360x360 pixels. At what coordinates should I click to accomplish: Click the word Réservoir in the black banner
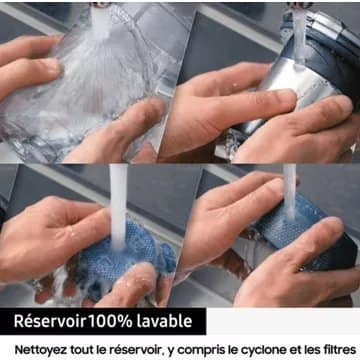pos(50,321)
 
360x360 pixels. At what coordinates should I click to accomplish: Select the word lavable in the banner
pos(164,321)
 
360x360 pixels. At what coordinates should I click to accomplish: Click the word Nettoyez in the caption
pos(41,350)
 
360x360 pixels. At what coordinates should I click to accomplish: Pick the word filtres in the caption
pos(339,350)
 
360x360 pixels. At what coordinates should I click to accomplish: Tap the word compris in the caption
pos(201,351)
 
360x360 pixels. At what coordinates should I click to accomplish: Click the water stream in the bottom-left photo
pos(118,207)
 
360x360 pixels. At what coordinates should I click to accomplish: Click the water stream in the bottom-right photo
pos(290,192)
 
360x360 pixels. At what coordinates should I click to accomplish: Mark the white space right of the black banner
pos(283,321)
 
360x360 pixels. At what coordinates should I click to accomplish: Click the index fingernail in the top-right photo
pos(286,97)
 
